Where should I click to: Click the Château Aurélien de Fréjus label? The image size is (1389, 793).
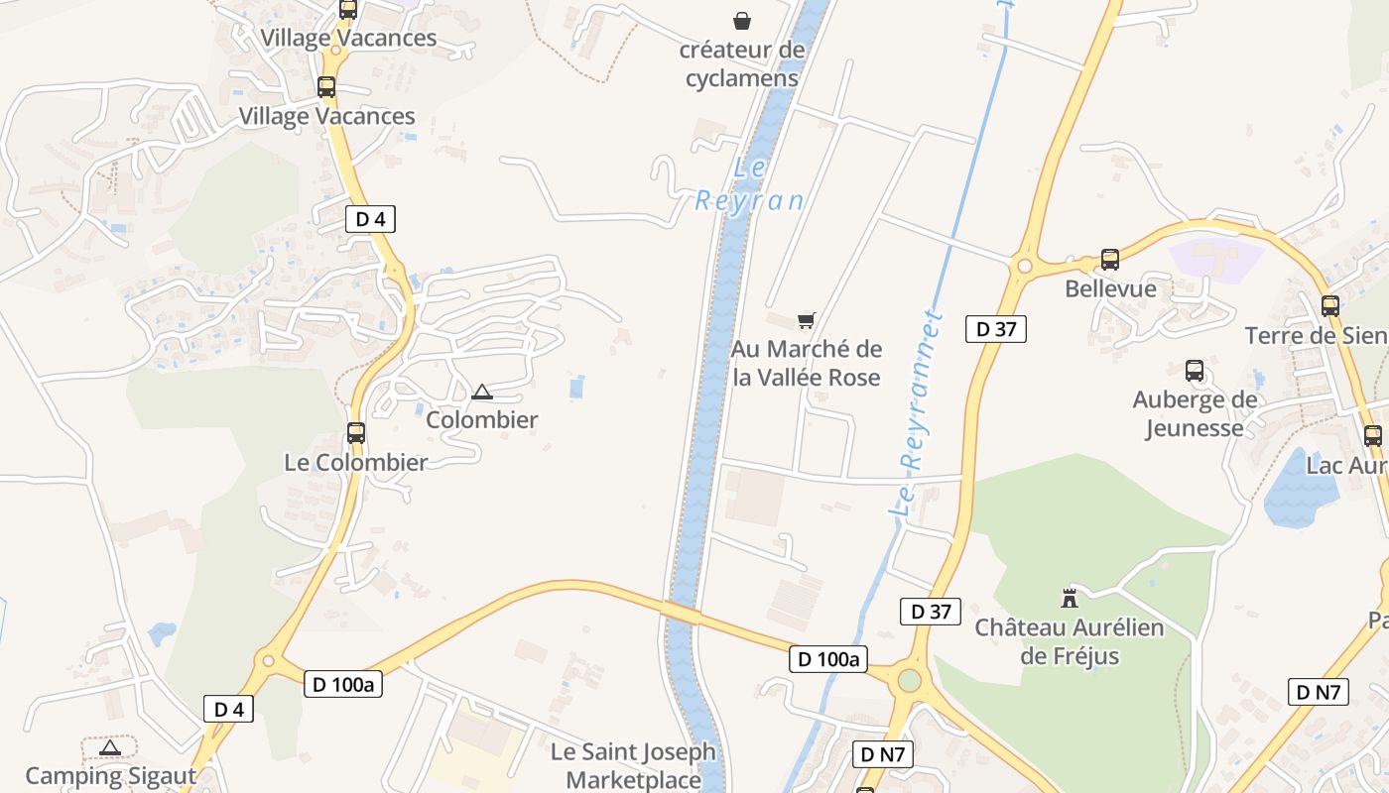click(x=1070, y=641)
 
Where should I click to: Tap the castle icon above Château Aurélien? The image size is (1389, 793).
click(x=1070, y=598)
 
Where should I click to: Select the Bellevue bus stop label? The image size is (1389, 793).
click(x=1110, y=288)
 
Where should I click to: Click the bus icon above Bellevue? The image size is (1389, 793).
click(x=1110, y=260)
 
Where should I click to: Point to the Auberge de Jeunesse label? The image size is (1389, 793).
click(x=1195, y=414)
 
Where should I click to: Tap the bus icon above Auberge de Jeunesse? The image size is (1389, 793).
click(x=1195, y=371)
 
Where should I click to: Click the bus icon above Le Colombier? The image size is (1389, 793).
click(x=356, y=433)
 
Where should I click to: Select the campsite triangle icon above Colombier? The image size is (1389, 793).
click(x=482, y=393)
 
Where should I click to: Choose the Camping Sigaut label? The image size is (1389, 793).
click(x=111, y=775)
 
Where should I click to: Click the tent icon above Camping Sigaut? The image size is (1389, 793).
click(x=110, y=747)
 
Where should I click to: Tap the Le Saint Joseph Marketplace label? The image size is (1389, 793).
click(x=633, y=765)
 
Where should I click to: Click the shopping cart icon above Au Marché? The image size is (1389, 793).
click(x=807, y=320)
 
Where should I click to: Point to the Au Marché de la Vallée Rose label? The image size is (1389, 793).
click(x=807, y=363)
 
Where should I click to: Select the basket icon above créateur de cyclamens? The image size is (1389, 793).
click(x=742, y=20)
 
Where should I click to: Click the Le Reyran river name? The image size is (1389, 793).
click(x=749, y=184)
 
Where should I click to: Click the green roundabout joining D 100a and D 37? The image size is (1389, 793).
click(x=909, y=680)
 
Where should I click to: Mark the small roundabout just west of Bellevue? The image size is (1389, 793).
click(x=1024, y=266)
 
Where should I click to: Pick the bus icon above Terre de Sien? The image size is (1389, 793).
click(x=1330, y=305)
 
